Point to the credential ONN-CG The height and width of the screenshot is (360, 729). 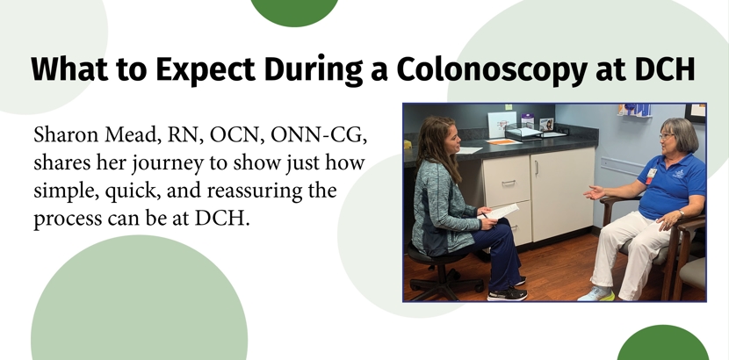coord(318,135)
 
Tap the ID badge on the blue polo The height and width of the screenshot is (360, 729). coord(652,176)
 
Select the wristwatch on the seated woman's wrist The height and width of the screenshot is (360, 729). coord(680,213)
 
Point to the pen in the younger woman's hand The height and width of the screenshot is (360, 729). coord(485,215)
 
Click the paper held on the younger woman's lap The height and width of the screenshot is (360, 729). coord(501,212)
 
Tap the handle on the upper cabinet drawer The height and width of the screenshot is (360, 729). coord(509,183)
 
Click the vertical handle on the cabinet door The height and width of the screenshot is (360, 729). coord(536,168)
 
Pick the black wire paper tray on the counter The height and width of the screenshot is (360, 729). coord(524,132)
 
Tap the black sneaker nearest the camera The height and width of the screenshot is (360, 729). coord(508,294)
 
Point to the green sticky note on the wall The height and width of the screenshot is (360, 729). coord(509,107)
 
